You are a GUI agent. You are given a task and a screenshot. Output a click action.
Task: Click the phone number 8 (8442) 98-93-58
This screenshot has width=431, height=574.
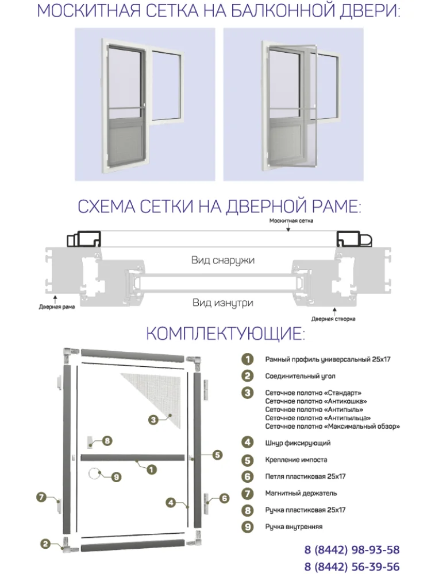(x=352, y=550)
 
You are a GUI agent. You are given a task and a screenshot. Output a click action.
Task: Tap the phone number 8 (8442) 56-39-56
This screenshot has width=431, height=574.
(x=352, y=567)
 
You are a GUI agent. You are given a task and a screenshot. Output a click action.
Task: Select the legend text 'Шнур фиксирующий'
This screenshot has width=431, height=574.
(x=297, y=443)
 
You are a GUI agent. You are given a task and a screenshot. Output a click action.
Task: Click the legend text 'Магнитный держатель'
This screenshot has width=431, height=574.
(x=301, y=493)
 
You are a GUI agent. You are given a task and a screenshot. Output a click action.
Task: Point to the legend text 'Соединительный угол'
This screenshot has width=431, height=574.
(x=301, y=377)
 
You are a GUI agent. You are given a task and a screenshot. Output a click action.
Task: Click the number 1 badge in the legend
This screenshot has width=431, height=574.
(x=247, y=360)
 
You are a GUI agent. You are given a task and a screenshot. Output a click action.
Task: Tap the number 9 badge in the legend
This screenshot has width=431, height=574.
(x=247, y=526)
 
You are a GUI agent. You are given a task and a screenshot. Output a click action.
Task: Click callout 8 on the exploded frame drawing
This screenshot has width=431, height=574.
(x=106, y=441)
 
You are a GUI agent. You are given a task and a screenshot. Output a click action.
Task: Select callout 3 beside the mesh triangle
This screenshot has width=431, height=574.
(x=153, y=420)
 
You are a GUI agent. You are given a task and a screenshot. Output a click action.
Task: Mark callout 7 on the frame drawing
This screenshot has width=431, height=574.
(x=41, y=497)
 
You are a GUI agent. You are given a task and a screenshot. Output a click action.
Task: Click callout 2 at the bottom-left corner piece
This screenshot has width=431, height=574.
(x=45, y=543)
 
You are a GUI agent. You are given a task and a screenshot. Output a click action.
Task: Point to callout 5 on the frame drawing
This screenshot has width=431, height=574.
(x=217, y=455)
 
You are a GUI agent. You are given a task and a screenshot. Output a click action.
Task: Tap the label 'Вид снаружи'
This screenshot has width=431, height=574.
(x=222, y=260)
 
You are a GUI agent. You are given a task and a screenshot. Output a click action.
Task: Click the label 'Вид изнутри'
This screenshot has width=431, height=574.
(x=222, y=302)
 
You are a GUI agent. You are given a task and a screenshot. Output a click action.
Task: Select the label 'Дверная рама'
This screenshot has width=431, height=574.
(x=53, y=307)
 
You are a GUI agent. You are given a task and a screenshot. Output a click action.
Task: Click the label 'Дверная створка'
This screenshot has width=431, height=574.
(x=333, y=319)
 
